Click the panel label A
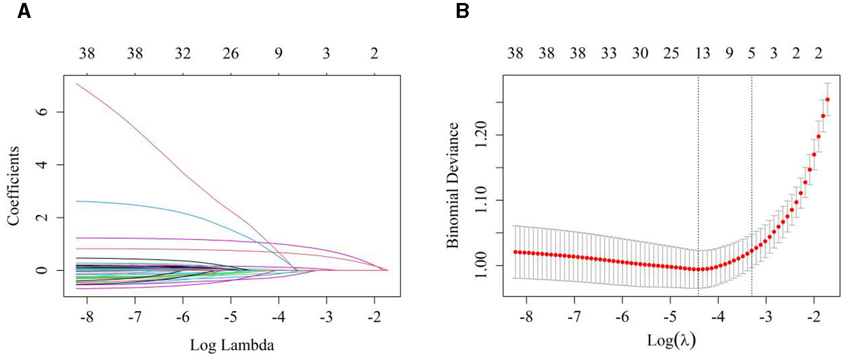[x=24, y=11]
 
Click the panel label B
[x=462, y=11]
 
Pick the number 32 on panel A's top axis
[x=183, y=55]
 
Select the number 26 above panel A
[x=231, y=55]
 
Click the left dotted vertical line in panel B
[x=699, y=179]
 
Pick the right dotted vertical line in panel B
[x=751, y=179]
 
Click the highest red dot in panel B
[x=827, y=100]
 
